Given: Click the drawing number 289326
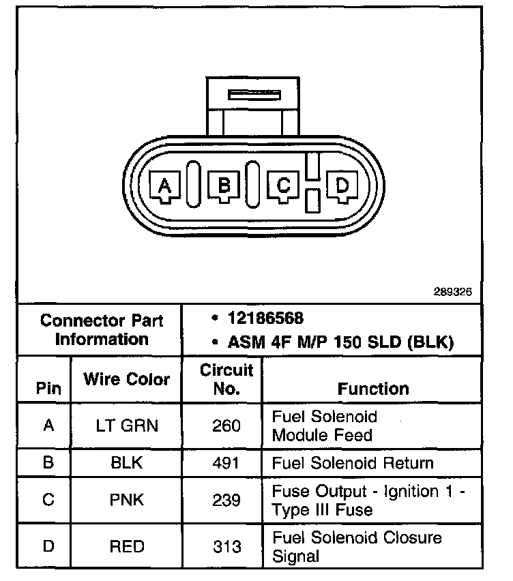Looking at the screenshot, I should [x=452, y=291].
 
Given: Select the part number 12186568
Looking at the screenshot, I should [x=266, y=318].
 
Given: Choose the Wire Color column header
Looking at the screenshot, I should [x=127, y=379].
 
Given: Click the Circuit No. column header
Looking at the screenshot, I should [x=226, y=379].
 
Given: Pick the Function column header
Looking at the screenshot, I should [x=373, y=389].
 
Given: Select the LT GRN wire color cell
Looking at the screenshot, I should [x=127, y=426].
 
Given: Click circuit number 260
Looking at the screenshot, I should [x=226, y=426].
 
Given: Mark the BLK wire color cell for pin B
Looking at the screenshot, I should [x=127, y=463].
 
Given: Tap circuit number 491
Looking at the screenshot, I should [x=226, y=463].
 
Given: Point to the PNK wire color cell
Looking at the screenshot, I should [x=127, y=501].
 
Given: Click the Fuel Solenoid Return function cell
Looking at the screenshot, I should [x=353, y=463].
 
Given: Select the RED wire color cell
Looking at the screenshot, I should [x=127, y=546].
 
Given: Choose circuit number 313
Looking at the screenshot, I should [x=226, y=546].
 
